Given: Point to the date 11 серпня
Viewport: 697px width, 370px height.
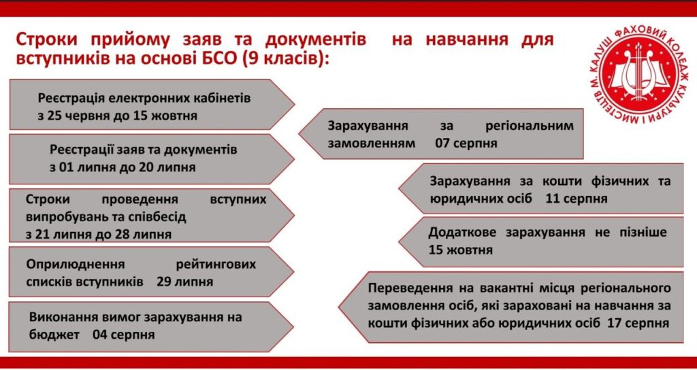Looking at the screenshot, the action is point(577,198).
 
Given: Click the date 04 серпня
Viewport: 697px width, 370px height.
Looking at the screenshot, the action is point(124,335).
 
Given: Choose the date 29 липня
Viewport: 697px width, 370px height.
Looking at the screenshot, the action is point(184,282).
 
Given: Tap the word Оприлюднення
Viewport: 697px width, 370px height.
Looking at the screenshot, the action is point(75,265).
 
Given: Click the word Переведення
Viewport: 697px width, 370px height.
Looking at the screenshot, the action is point(406,288).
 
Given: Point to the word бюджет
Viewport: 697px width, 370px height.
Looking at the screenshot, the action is point(54,335).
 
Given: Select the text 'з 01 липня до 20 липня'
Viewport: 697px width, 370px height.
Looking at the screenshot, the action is point(123,167).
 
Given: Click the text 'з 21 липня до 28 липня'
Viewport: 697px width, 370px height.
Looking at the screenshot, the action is point(98,234).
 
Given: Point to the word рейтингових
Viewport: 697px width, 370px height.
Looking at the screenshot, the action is point(216,265).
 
